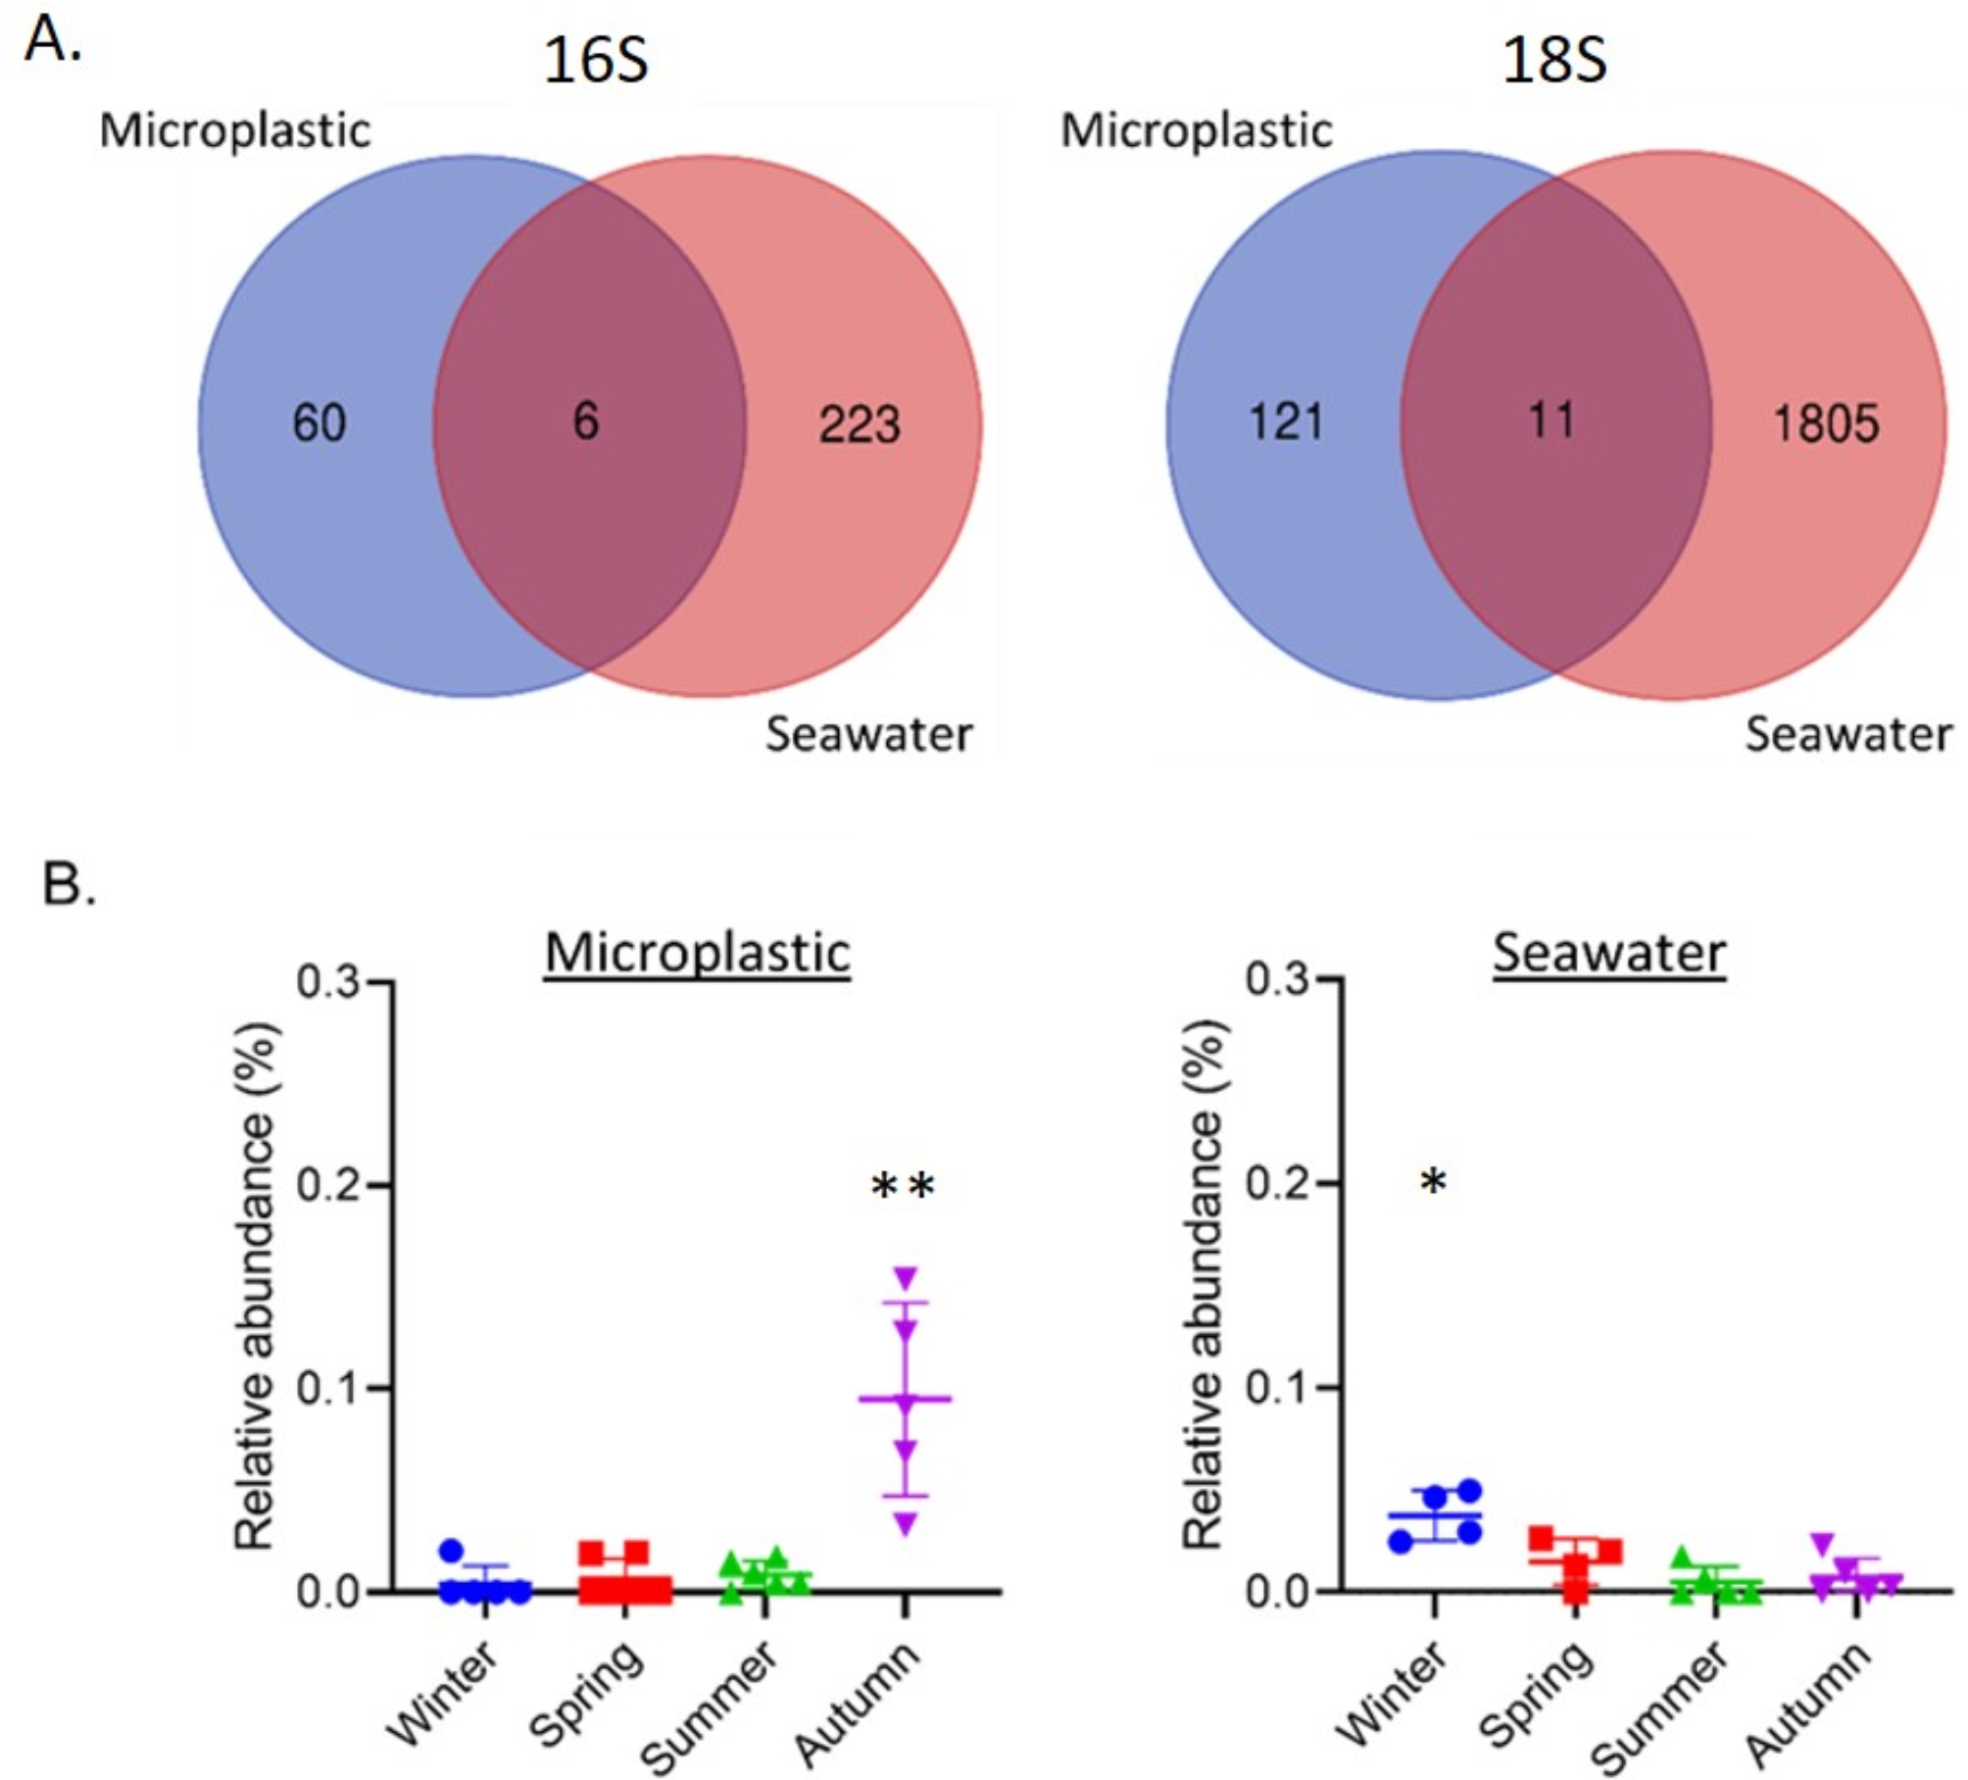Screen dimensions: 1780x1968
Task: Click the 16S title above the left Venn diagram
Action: pos(595,61)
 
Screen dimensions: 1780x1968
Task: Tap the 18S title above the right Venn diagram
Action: pos(1554,61)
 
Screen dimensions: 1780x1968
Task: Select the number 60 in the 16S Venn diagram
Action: pos(320,423)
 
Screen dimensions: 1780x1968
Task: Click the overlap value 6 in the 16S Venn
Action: pos(585,421)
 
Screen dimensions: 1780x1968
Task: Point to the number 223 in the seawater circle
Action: pos(860,425)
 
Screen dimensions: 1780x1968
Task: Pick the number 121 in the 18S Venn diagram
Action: pos(1286,422)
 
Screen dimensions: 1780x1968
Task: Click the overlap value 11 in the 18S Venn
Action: pos(1551,420)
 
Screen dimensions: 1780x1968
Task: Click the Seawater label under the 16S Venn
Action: pos(868,734)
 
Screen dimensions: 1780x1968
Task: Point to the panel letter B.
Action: pos(69,884)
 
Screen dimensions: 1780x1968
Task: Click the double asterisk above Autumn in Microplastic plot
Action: pos(904,1187)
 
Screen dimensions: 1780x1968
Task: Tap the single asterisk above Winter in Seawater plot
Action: pos(1433,1182)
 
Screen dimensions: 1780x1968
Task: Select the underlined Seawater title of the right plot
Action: pos(1609,953)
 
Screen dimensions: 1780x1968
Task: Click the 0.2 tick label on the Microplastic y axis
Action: pos(329,1185)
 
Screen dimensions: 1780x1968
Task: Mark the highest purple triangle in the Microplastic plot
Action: pos(905,1278)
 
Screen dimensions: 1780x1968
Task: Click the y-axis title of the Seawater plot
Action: pos(1203,1284)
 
